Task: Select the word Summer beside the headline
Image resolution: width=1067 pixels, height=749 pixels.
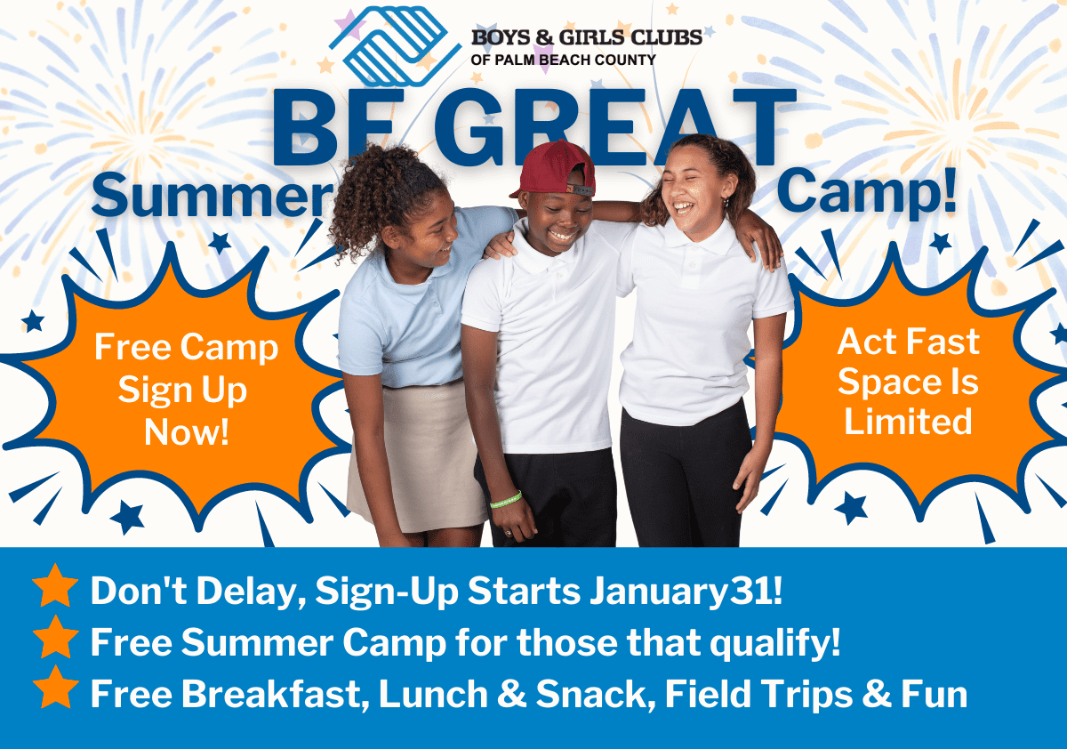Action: pos(211,195)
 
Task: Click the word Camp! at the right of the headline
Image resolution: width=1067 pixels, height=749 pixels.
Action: pos(867,189)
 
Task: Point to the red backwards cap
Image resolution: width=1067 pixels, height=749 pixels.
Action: pos(554,167)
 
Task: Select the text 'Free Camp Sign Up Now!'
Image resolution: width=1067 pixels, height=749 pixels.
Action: pos(186,390)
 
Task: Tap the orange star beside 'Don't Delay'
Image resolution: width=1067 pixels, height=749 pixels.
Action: pos(55,589)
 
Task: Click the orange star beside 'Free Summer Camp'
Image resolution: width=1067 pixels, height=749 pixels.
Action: pos(55,640)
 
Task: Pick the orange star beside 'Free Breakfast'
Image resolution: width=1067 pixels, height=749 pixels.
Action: pos(55,691)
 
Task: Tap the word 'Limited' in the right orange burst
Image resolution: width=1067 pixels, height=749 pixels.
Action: pos(908,421)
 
